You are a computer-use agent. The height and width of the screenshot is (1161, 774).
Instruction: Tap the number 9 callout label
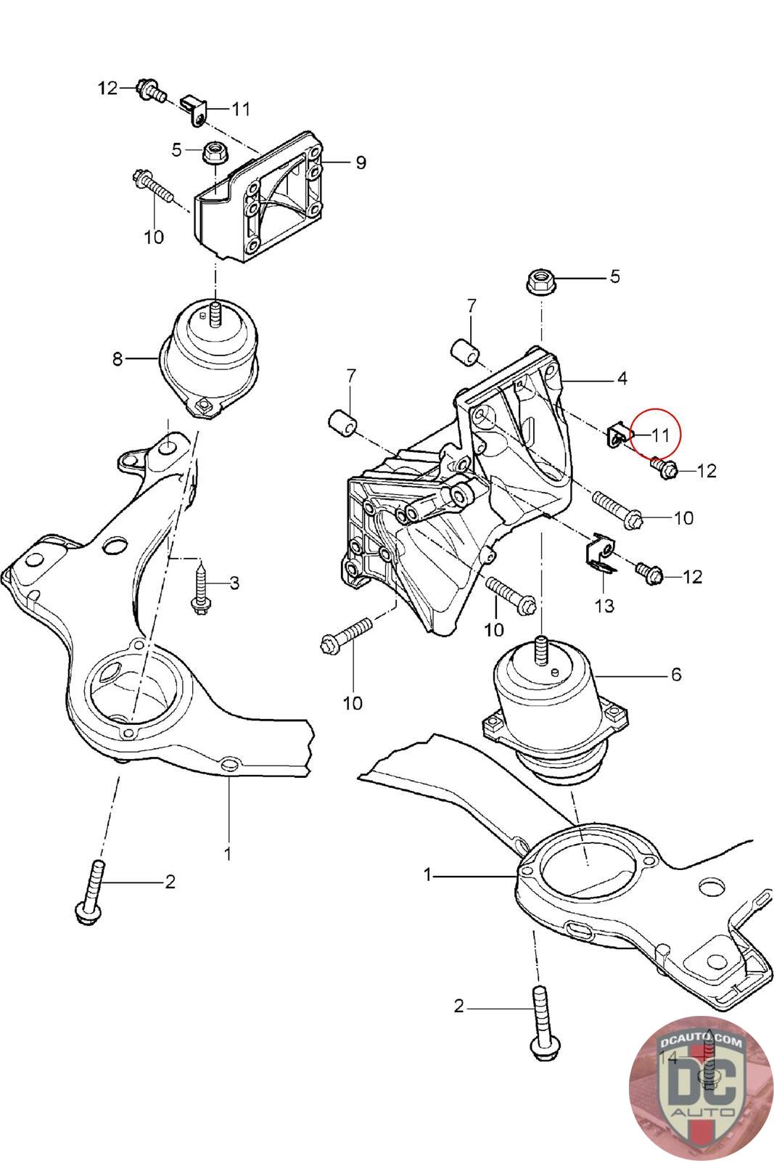click(361, 162)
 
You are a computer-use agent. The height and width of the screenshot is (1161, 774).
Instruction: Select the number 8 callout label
click(118, 358)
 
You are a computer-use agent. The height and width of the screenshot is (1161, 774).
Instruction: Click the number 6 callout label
click(675, 675)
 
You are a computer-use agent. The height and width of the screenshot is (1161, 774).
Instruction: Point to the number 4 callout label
click(622, 378)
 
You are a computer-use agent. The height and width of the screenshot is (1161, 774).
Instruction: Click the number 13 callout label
click(604, 604)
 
